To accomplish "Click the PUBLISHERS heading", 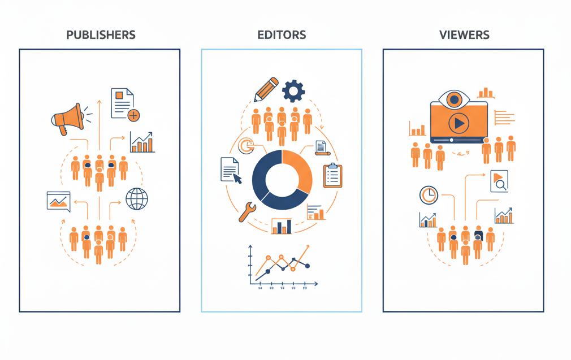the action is tap(101, 35).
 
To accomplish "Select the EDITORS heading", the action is tap(282, 35).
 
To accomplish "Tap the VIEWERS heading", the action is tap(464, 35).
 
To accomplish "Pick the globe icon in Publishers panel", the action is tap(137, 198).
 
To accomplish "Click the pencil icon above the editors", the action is tap(266, 89).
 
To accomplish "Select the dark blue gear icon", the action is tap(293, 90).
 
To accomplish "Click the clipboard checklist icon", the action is tap(332, 175).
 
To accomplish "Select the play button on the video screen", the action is tap(458, 123).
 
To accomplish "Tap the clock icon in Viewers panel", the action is tap(429, 195).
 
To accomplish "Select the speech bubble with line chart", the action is tap(59, 201).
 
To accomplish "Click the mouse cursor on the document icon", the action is tap(237, 179).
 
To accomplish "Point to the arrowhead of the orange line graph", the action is tap(308, 247).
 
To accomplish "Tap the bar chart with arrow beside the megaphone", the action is tap(142, 142).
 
